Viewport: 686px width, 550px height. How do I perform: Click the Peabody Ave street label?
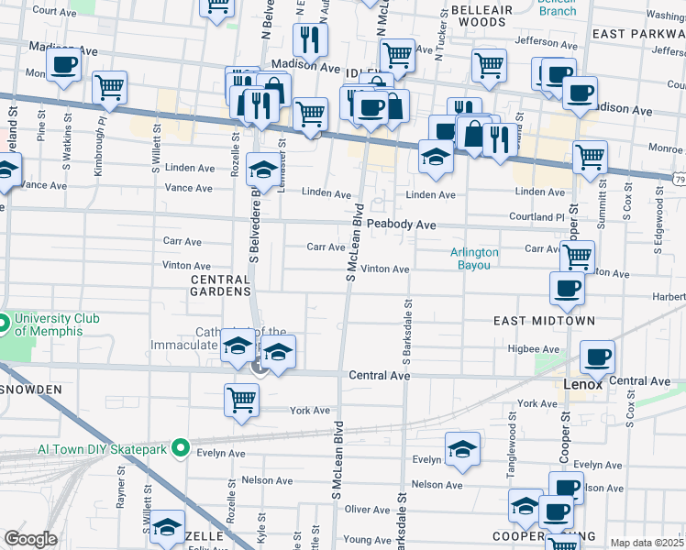tap(401, 225)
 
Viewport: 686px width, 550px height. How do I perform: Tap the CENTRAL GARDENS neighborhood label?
tap(220, 284)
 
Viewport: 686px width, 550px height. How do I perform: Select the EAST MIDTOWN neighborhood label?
tap(544, 321)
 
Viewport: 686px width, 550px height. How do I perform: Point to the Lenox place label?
tap(582, 385)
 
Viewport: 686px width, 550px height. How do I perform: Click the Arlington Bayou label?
tap(474, 258)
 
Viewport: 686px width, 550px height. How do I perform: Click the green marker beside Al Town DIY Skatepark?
tap(181, 448)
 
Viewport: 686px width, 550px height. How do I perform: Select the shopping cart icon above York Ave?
tap(241, 399)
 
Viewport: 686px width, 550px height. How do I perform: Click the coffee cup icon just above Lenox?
tap(597, 356)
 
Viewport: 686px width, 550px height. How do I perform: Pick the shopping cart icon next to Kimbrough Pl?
tap(109, 88)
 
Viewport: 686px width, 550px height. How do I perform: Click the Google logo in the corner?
tap(30, 539)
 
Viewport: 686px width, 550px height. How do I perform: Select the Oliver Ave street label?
tap(367, 510)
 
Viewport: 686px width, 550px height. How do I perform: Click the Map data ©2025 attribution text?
tap(647, 543)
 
